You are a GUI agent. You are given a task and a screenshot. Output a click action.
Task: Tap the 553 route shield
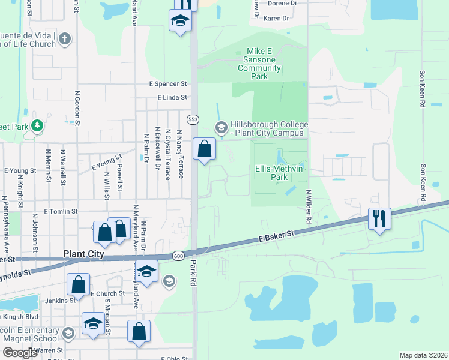point(193,119)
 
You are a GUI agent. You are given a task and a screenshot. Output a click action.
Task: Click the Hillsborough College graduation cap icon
point(221,127)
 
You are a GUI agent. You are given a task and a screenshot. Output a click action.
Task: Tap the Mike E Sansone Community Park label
point(260,64)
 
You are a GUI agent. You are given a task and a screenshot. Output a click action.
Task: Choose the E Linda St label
point(172,97)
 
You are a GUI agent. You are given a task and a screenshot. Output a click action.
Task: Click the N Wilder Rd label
point(307,207)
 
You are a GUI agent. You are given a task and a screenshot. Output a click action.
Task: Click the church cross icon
point(65,40)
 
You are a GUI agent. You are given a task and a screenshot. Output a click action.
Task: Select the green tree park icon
point(37,125)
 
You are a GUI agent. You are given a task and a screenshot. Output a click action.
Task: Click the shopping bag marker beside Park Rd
point(204,148)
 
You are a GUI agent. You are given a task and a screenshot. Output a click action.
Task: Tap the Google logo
point(20,353)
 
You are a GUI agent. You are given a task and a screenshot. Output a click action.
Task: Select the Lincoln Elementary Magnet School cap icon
point(68,334)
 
